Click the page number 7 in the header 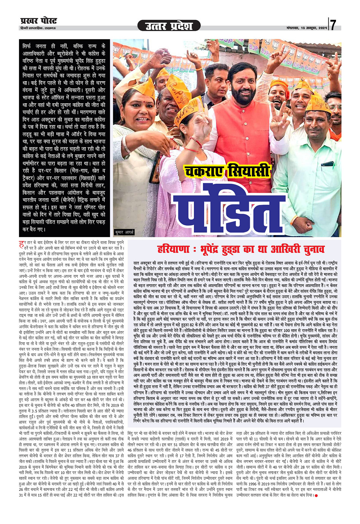pyautogui.click(x=333, y=25)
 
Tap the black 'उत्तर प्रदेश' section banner pyautogui.click(x=169, y=26)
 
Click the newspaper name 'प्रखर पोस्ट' pyautogui.click(x=38, y=21)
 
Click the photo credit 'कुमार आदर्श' pyautogui.click(x=124, y=232)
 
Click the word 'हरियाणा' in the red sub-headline pyautogui.click(x=173, y=249)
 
